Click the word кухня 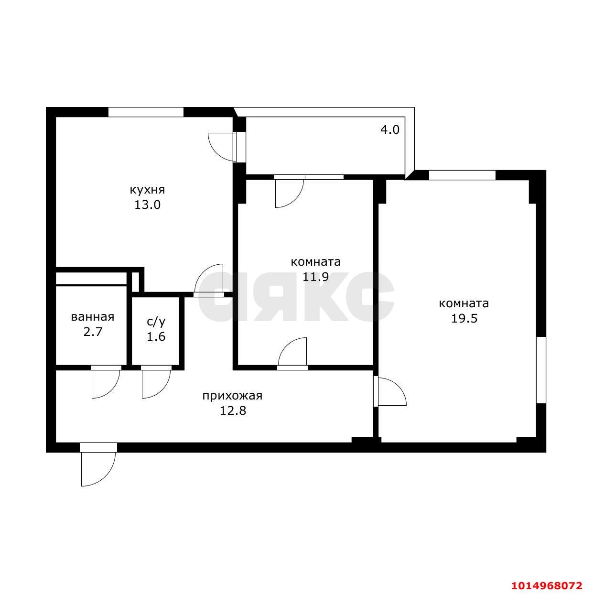[147, 190]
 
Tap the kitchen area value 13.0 [147, 205]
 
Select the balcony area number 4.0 [389, 130]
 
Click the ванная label [93, 317]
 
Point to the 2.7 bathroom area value [93, 332]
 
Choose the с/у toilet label [156, 322]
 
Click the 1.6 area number [156, 336]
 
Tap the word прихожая [232, 396]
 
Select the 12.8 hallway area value [233, 410]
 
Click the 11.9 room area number [315, 277]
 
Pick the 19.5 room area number [464, 318]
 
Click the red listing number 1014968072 [547, 585]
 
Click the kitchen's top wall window [146, 112]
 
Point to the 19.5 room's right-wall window [541, 370]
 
